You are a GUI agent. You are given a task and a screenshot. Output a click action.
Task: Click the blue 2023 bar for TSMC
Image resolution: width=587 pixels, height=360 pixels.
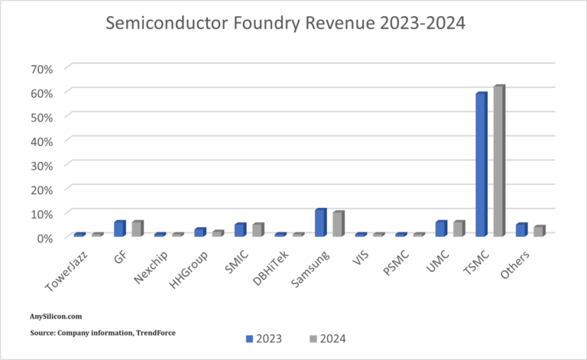[x=481, y=164]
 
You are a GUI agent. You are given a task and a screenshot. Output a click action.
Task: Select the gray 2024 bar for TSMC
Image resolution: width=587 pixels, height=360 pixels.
[x=498, y=161]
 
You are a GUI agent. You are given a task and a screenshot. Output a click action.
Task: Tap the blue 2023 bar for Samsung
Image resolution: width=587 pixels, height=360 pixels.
[x=320, y=222]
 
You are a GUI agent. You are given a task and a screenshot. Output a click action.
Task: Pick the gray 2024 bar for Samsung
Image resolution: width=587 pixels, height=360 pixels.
[x=338, y=224]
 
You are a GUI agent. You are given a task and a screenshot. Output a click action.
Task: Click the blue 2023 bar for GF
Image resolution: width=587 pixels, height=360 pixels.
[x=119, y=229]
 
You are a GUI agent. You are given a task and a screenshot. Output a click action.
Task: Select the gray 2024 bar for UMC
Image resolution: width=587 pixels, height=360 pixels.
[x=458, y=229]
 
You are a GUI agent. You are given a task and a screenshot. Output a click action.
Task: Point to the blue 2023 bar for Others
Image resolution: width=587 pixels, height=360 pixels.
[x=521, y=229]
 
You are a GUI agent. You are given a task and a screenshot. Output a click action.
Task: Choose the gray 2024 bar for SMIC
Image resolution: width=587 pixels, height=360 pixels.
[x=258, y=229]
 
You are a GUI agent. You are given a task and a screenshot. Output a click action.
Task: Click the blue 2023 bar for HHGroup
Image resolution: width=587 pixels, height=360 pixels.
[x=199, y=232]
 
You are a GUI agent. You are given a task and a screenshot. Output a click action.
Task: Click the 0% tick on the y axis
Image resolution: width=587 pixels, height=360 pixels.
[x=44, y=238]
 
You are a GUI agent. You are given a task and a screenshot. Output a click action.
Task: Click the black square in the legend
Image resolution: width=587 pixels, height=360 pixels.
[x=291, y=337]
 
